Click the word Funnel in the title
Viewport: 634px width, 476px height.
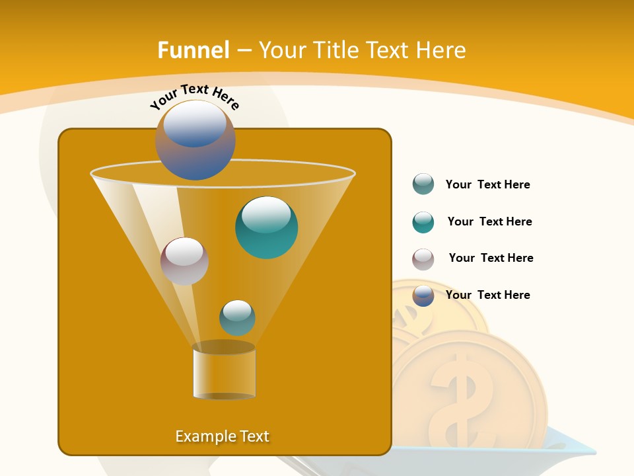[194, 50]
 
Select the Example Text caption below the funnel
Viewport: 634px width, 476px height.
[223, 436]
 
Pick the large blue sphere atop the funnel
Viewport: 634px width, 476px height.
[195, 139]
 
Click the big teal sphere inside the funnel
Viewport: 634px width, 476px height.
[267, 227]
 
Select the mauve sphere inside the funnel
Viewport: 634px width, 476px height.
[184, 261]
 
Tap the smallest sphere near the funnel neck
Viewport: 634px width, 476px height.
[237, 317]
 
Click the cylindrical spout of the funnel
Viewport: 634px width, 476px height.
[224, 372]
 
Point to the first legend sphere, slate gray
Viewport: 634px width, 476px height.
[423, 184]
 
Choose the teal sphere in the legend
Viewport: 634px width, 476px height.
[423, 222]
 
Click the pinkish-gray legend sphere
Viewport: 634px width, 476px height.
[423, 259]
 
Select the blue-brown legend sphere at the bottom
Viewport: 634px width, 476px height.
[423, 296]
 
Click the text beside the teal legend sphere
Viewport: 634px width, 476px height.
[489, 221]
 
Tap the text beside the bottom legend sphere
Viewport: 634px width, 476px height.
[487, 295]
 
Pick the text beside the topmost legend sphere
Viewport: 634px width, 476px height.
[487, 184]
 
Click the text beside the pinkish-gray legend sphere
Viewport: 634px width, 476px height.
[491, 258]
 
